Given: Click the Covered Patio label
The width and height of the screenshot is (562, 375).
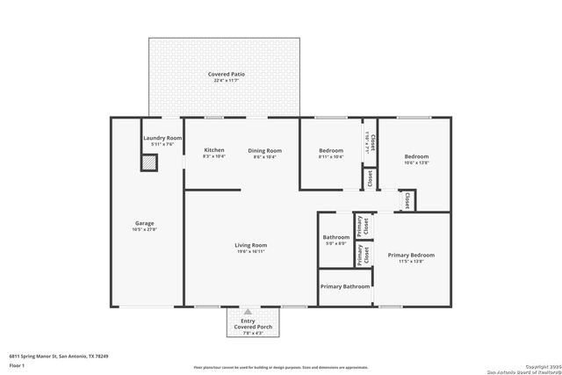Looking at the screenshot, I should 226,75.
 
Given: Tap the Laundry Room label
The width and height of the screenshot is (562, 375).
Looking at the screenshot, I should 162,138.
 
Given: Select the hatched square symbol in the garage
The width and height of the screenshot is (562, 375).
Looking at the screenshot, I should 150,162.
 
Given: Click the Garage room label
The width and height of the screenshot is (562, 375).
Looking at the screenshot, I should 145,223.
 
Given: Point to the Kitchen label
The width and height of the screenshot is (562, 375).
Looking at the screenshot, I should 214,150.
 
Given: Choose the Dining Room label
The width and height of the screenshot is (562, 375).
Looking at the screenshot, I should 264,150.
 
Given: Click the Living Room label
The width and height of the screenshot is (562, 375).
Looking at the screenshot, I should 250,245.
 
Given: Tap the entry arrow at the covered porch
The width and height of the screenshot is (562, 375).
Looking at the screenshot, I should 249,311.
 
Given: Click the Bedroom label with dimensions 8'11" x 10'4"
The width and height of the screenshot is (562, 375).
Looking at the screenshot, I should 331,150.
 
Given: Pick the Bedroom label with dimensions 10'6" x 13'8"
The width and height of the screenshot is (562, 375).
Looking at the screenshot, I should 416,156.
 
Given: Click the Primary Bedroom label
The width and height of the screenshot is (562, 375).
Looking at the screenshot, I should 411,255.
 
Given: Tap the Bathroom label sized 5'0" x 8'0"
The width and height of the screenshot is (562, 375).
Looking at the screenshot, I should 336,237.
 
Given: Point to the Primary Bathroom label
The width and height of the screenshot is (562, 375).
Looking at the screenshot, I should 345,286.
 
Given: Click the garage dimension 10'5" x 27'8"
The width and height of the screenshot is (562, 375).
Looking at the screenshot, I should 145,229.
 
